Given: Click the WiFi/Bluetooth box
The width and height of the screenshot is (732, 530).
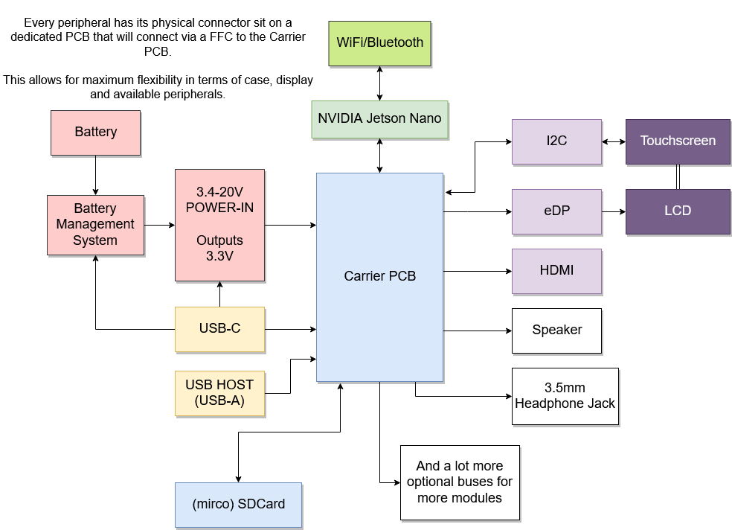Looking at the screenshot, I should [380, 42].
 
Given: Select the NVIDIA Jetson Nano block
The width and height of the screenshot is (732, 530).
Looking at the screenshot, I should [380, 118].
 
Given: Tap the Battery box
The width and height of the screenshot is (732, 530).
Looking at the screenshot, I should [95, 132].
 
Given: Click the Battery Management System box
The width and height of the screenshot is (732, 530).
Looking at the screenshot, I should [95, 225].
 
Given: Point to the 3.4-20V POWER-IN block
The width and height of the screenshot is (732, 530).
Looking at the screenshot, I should [219, 225].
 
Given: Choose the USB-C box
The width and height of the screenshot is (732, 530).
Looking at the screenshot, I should [219, 329].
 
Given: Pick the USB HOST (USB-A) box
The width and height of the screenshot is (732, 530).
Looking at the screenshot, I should [219, 393].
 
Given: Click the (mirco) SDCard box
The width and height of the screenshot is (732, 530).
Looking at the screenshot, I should [238, 505].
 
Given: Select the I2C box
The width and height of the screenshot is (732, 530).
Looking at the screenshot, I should [556, 141].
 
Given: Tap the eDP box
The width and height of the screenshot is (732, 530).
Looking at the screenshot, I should [556, 211].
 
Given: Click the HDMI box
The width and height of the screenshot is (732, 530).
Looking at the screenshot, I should [556, 271].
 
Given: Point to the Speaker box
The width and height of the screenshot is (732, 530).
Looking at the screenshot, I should [556, 331].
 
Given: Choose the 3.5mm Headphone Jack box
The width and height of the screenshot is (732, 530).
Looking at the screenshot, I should [565, 396].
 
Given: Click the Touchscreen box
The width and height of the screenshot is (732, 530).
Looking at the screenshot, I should [678, 141].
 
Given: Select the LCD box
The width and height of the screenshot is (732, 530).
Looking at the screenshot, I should [678, 211].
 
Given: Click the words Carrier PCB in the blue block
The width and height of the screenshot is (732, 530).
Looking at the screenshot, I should [379, 276].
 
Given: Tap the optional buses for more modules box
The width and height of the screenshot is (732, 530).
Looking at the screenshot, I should [460, 482].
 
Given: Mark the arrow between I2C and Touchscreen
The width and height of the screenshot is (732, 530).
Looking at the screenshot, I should [614, 141].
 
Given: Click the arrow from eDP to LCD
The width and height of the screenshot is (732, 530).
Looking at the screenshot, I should [614, 211].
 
